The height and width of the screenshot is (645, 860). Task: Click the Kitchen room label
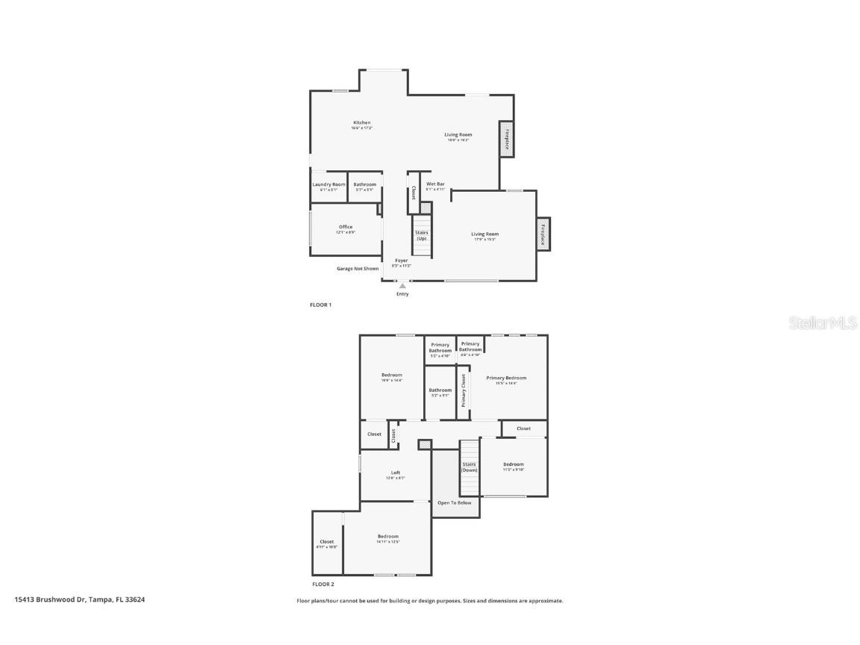point(361,123)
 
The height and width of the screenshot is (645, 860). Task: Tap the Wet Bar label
point(435,184)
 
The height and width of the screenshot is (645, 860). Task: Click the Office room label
point(345,228)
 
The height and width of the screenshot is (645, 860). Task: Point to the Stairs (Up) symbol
point(422,235)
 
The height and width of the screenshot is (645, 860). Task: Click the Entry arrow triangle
point(402,285)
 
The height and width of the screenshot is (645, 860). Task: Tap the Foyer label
point(402,261)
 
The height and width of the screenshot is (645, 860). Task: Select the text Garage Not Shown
point(357,269)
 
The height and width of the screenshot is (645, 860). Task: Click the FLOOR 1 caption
point(320,305)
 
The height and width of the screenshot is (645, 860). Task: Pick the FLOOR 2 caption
point(322,584)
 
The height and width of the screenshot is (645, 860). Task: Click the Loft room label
point(396,473)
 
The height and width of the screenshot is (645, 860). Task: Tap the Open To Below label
point(454,503)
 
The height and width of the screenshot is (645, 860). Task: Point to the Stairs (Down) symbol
point(469,467)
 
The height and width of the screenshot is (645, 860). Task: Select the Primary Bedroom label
point(506,378)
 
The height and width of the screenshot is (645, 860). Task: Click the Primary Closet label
point(463,390)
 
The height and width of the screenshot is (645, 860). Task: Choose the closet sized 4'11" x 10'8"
point(327,543)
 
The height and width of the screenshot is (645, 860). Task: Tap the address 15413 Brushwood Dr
point(79,599)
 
